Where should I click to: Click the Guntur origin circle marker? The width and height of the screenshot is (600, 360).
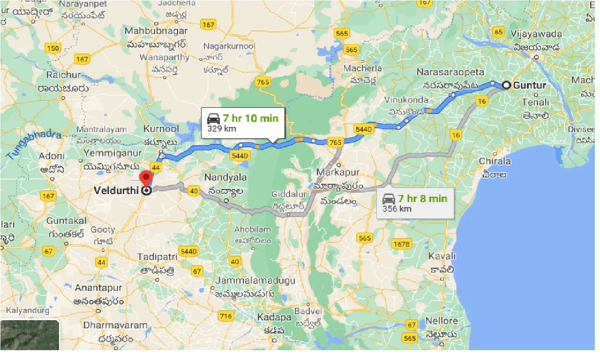click(x=507, y=85)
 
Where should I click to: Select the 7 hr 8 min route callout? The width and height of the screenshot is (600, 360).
click(x=415, y=202)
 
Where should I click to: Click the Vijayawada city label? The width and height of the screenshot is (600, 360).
click(x=536, y=34)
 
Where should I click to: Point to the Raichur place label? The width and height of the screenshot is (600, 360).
click(x=64, y=75)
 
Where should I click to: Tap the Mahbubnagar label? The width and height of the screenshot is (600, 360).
click(x=156, y=31)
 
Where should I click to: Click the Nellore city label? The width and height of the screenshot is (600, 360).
click(x=442, y=321)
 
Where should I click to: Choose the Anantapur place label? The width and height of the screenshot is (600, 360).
click(x=98, y=288)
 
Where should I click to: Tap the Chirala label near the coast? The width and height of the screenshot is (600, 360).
click(x=495, y=161)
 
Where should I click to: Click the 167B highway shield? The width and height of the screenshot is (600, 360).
click(x=402, y=244)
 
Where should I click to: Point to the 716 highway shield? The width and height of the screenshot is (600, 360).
click(x=226, y=316)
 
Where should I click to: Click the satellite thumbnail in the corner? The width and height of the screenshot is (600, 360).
click(x=30, y=335)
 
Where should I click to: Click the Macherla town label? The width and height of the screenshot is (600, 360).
click(x=363, y=68)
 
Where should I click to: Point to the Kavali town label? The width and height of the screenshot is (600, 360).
click(x=442, y=256)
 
